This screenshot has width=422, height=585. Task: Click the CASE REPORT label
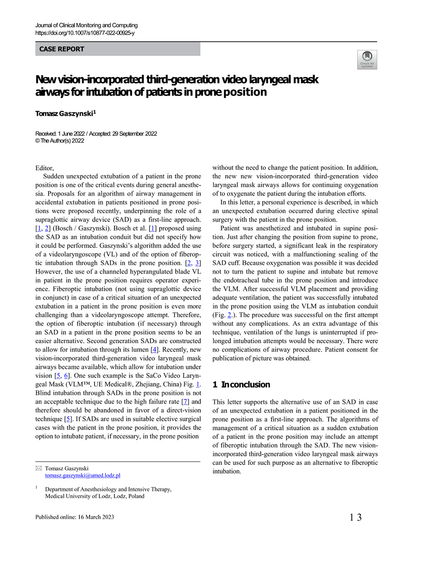62,49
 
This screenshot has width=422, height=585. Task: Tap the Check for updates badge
367,60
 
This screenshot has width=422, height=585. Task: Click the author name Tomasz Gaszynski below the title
64,114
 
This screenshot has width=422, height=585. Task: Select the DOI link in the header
85,33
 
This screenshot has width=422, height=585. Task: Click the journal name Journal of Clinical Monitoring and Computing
87,25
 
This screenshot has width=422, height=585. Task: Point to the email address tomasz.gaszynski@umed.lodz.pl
83,476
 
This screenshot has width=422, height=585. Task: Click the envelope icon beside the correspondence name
39,468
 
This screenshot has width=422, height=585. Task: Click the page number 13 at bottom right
355,517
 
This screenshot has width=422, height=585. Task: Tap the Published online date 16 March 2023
96,517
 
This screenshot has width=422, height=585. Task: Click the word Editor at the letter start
44,168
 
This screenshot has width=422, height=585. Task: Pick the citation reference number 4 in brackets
155,350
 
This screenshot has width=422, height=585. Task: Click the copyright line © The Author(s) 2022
60,141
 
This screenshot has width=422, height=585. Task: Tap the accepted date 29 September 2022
135,134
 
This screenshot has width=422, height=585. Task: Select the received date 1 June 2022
71,134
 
